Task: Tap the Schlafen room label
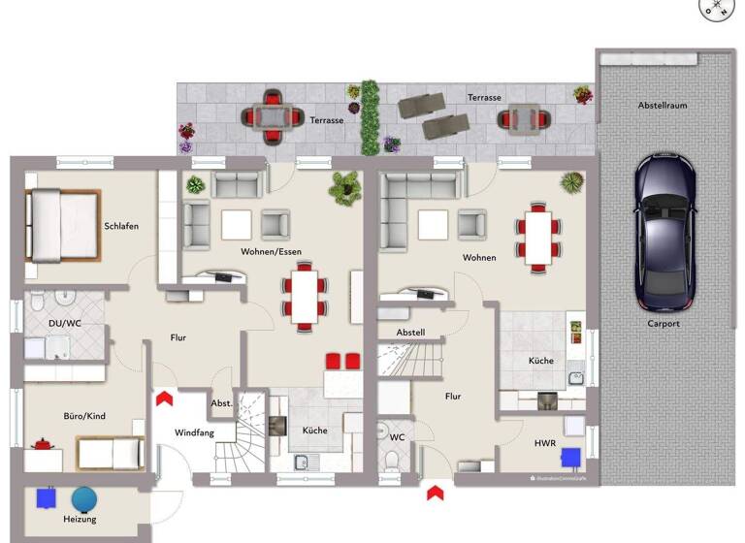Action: tap(121, 226)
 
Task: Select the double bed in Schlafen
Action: tap(64, 225)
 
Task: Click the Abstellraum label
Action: tap(663, 105)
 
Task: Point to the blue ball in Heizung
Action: tap(84, 497)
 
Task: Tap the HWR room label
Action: tap(544, 443)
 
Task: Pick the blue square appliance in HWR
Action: tap(571, 455)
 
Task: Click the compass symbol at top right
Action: tap(717, 8)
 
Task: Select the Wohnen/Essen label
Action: tap(271, 251)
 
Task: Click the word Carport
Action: tap(664, 324)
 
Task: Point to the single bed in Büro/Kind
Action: tap(110, 453)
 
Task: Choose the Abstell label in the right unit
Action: tap(410, 332)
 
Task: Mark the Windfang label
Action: tap(194, 432)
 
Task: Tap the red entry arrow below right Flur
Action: tap(434, 492)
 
